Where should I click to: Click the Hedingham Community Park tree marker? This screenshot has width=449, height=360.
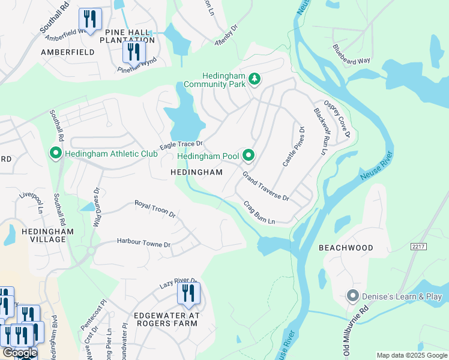[255, 79]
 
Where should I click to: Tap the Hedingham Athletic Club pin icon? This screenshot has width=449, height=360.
[56, 154]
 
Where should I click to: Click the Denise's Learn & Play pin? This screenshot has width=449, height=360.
[353, 296]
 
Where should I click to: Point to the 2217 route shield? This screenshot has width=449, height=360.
[418, 247]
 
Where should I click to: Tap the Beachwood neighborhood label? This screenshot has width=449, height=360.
[354, 248]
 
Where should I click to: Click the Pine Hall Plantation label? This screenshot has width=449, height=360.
[130, 36]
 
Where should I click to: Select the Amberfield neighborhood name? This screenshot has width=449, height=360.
[67, 52]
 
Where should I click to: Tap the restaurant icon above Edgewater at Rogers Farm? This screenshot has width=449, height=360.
[189, 294]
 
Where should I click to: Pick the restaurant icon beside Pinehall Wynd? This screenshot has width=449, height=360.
[133, 52]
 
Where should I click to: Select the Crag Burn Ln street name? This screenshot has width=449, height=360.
[259, 212]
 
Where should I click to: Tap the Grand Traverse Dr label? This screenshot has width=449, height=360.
[265, 187]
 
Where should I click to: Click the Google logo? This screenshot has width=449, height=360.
[19, 353]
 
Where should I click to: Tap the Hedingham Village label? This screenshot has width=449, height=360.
[47, 235]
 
